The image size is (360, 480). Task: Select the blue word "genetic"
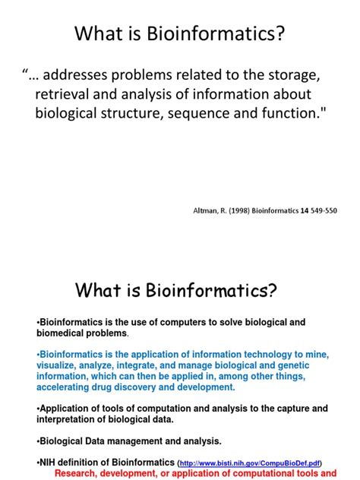290,365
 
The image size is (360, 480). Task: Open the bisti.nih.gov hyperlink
249,463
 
